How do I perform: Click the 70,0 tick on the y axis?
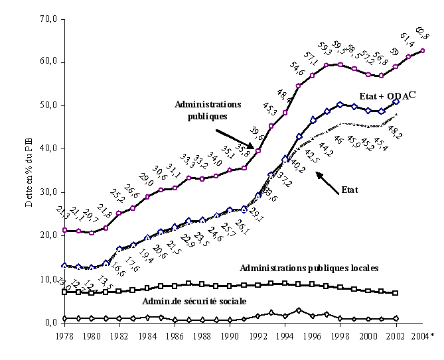point(51,19)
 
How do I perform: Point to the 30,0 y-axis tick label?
point(51,192)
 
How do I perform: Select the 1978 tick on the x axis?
point(64,336)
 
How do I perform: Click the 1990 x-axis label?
point(229,336)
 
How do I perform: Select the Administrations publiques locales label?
point(309,268)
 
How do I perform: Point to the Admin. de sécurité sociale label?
point(194,300)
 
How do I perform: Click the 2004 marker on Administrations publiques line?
point(423,50)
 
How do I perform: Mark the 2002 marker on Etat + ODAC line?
point(396,101)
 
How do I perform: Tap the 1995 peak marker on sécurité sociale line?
point(299,310)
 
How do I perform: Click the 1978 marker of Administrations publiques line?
point(64,230)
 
